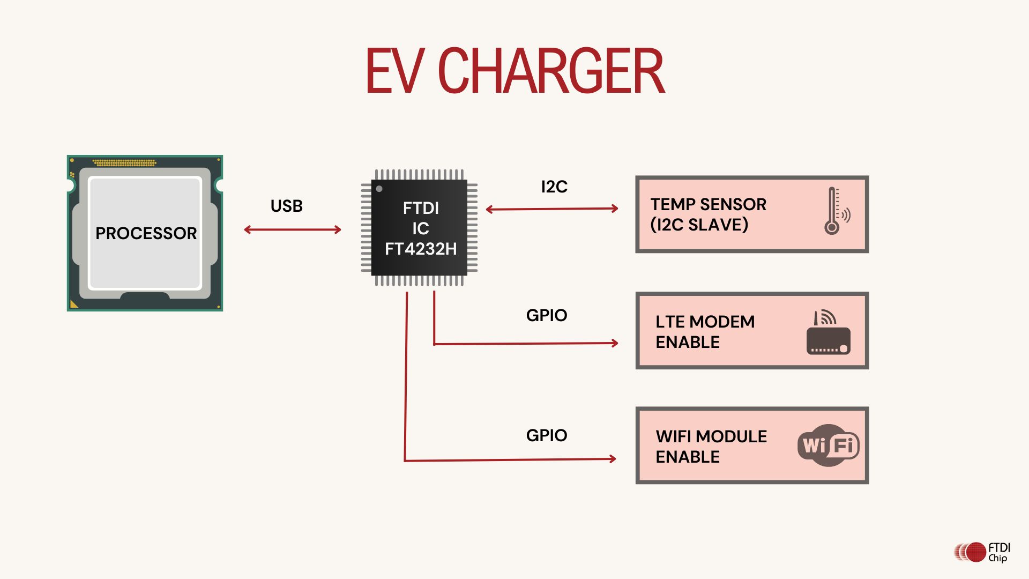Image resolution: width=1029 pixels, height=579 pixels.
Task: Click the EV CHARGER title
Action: [x=514, y=71]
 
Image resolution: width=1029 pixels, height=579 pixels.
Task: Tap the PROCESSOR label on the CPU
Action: [x=146, y=233]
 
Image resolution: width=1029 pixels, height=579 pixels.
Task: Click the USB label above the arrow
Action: [x=287, y=206]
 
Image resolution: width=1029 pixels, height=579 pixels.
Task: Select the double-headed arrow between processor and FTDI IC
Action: [x=293, y=230]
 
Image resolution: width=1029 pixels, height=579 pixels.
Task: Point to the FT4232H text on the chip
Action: [x=421, y=249]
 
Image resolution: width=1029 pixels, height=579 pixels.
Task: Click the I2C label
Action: [x=554, y=187]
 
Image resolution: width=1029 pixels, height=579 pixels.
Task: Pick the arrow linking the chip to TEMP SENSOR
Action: [x=552, y=209]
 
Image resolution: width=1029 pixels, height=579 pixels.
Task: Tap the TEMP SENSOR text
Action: [x=708, y=204]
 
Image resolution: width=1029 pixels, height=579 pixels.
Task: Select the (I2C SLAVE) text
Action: [x=699, y=225]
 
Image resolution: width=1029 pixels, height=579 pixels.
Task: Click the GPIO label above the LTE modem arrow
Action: [x=547, y=315]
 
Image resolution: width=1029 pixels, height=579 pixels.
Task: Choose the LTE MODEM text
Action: [x=705, y=322]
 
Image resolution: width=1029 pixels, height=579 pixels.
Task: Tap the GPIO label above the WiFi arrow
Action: [x=547, y=435]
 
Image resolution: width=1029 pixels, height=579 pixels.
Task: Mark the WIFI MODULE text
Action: [x=711, y=436]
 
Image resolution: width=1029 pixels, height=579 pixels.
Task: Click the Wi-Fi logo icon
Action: [x=828, y=445]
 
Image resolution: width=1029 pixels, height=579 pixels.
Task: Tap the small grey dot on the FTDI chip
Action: [x=379, y=189]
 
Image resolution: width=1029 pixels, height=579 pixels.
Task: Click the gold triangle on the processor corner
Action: [x=73, y=304]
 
